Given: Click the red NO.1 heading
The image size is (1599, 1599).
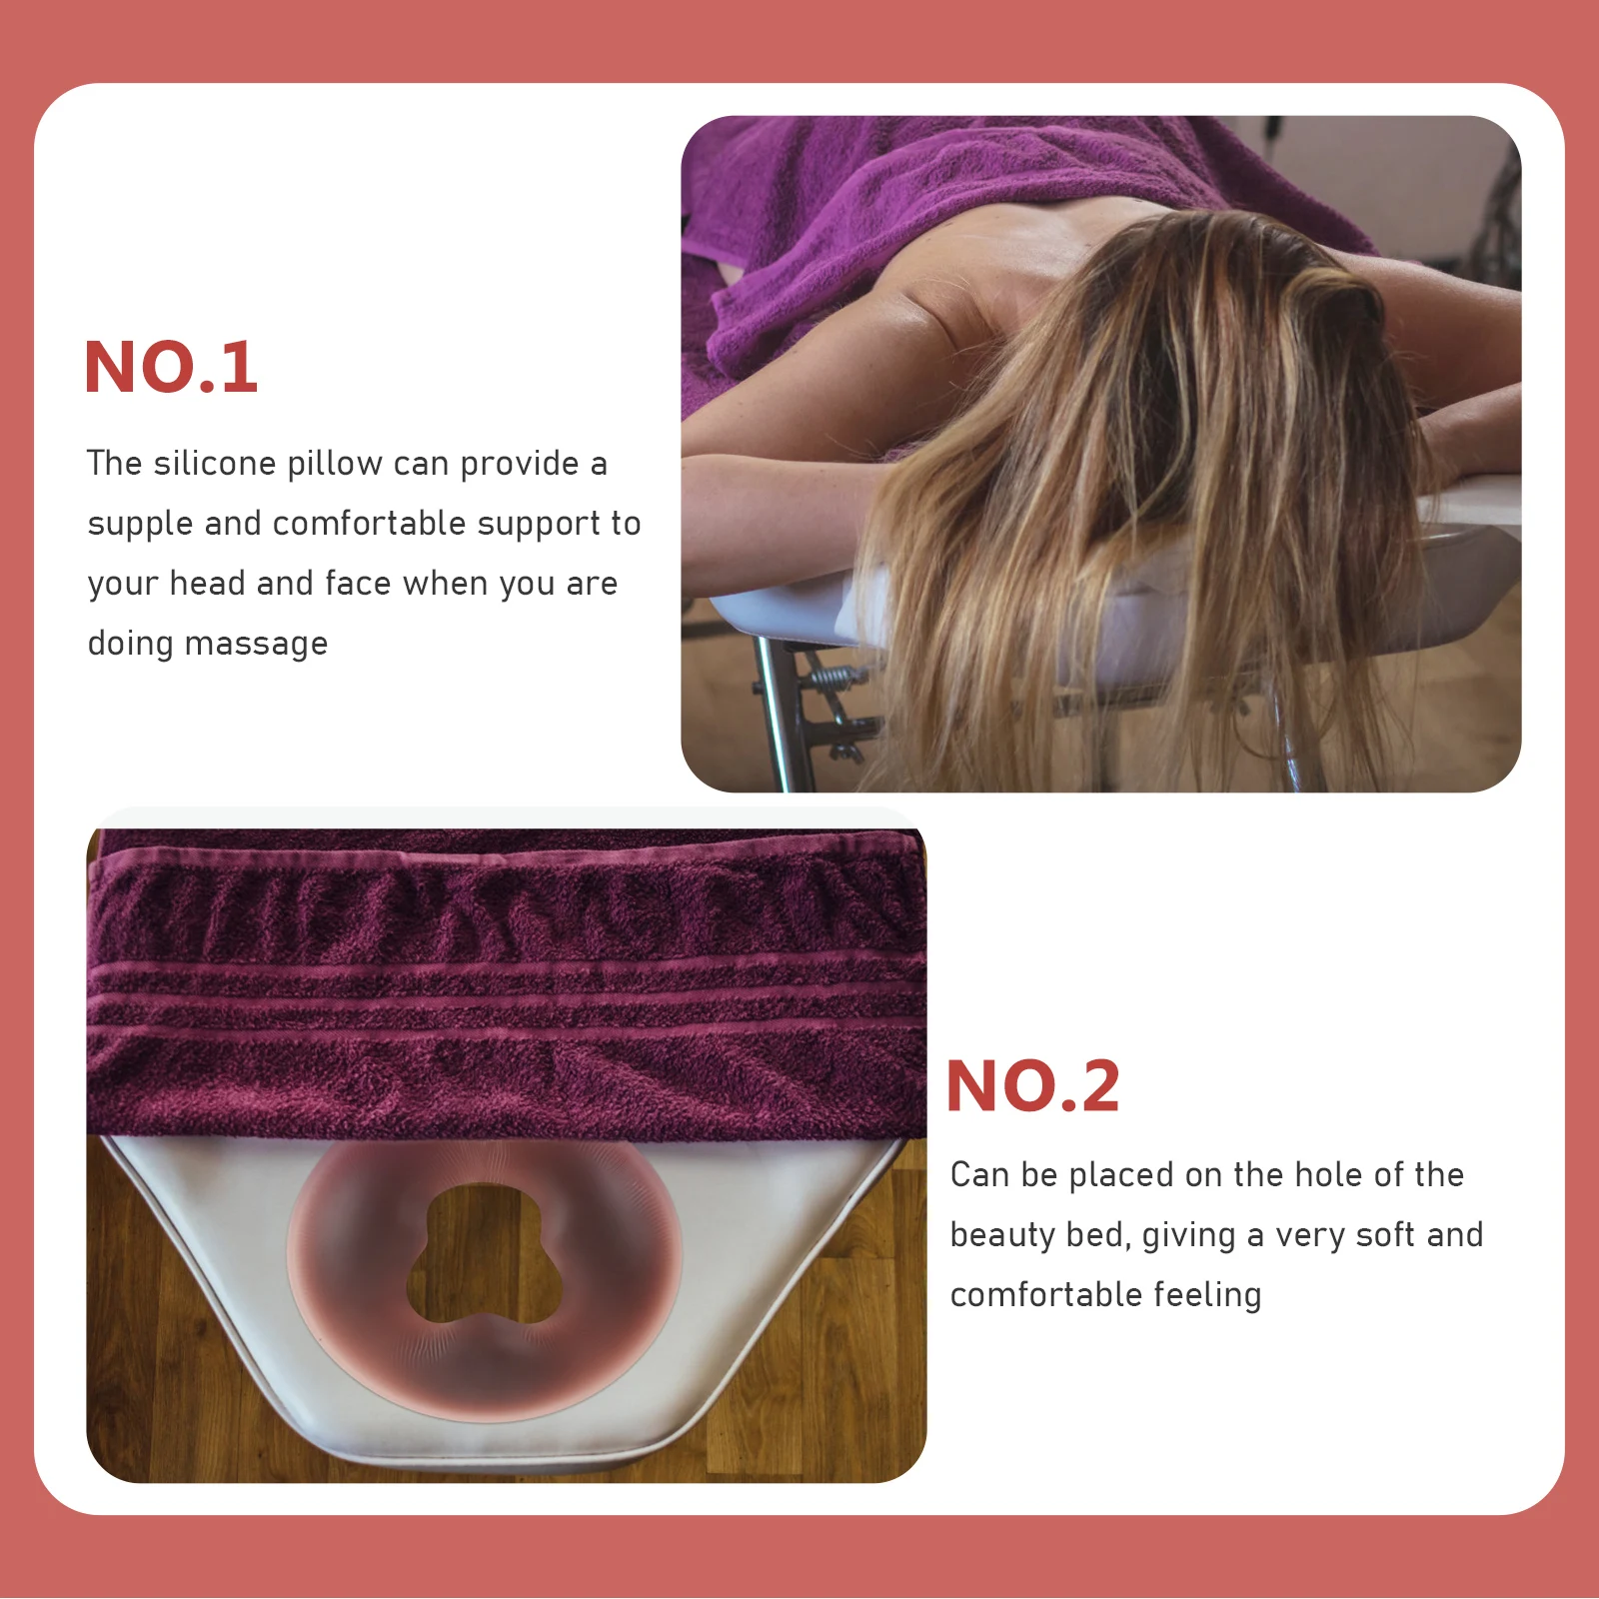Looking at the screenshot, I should click(x=171, y=368).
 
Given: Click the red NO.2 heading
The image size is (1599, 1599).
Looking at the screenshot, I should click(x=1032, y=1086).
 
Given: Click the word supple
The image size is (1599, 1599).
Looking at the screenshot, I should click(x=140, y=525).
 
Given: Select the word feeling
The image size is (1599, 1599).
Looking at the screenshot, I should click(x=1207, y=1296).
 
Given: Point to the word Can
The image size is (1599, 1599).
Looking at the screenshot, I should click(x=978, y=1175).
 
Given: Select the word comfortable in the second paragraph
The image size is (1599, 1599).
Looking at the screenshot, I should click(x=1045, y=1295).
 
